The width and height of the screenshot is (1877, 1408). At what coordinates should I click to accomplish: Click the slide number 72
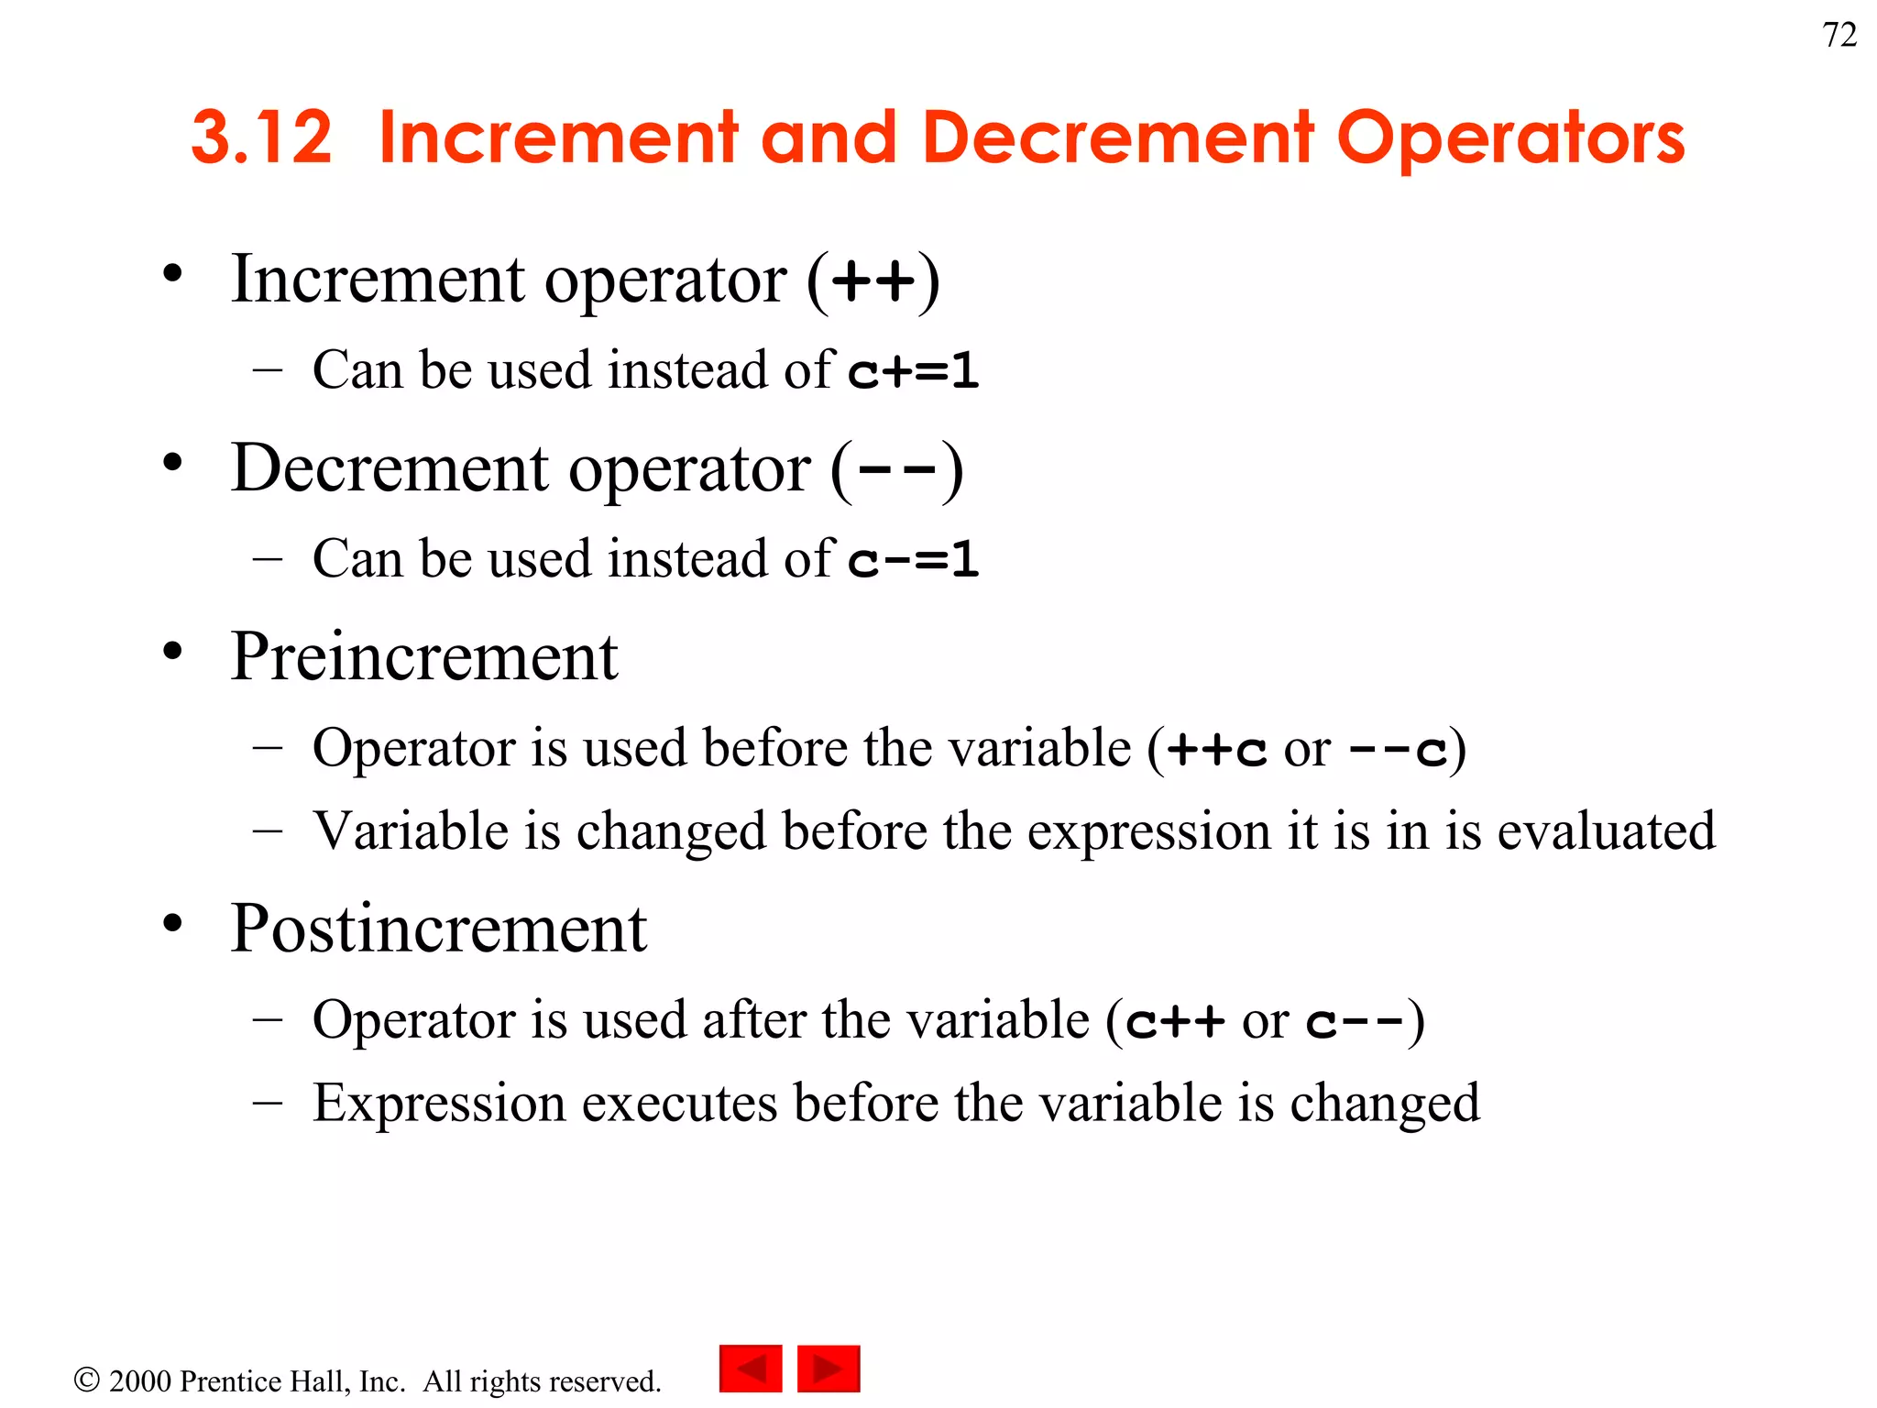pos(1839,35)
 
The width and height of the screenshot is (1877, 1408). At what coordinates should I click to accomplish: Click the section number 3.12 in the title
pos(261,137)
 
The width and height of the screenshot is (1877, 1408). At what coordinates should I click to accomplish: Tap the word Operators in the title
pos(1510,137)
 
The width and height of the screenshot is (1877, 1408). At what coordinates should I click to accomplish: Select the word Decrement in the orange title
pos(1119,137)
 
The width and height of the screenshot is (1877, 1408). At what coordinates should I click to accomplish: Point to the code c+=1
pos(914,371)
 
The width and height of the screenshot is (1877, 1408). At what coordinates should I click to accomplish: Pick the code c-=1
pos(914,560)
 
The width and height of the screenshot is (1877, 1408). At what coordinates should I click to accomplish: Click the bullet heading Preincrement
pos(424,657)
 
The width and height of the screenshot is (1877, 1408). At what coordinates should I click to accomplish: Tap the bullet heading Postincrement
pos(439,929)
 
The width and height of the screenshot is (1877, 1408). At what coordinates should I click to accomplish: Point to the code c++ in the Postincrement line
pos(1175,1021)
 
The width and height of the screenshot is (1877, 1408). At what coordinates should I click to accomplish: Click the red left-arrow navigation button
pos(751,1369)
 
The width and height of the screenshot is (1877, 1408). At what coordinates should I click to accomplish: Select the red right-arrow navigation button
pos(829,1369)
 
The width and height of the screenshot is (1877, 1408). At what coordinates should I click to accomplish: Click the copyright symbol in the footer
pos(87,1380)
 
